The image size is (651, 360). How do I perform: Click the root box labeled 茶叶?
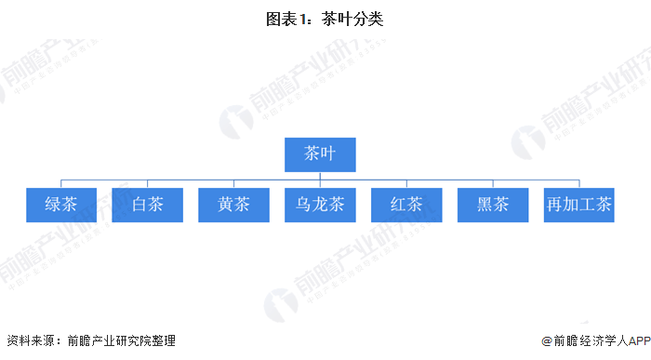pyautogui.click(x=319, y=154)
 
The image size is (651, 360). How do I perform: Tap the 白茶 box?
pyautogui.click(x=147, y=205)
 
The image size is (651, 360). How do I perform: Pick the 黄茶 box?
pyautogui.click(x=233, y=205)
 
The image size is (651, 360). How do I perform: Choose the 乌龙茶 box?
pyautogui.click(x=320, y=205)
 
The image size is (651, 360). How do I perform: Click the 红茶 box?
pyautogui.click(x=406, y=205)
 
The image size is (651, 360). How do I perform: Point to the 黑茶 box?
pyautogui.click(x=492, y=205)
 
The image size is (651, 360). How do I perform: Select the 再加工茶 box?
pyautogui.click(x=578, y=205)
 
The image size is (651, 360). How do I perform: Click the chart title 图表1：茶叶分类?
pyautogui.click(x=325, y=20)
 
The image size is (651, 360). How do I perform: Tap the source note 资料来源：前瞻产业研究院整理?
pyautogui.click(x=90, y=341)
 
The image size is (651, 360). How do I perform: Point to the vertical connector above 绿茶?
pyautogui.click(x=60, y=183)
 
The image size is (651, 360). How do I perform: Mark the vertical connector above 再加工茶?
pyautogui.click(x=578, y=183)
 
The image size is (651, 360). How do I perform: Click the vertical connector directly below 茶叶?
pyautogui.click(x=319, y=175)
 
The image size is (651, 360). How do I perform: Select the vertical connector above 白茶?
pyautogui.click(x=147, y=183)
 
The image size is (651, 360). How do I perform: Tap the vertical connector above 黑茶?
pyautogui.click(x=492, y=183)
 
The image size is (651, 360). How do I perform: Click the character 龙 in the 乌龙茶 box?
pyautogui.click(x=320, y=205)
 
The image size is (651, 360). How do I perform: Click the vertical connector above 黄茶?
pyautogui.click(x=233, y=183)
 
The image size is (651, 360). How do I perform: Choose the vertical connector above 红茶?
pyautogui.click(x=406, y=183)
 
